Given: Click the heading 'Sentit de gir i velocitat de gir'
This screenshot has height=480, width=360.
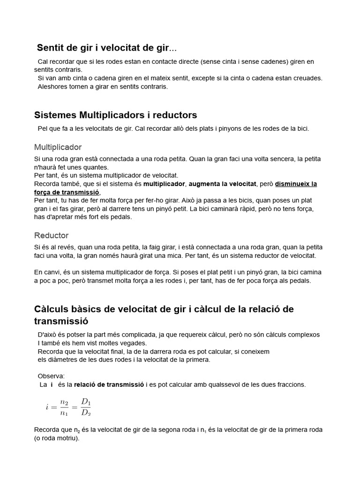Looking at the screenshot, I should pos(107,48).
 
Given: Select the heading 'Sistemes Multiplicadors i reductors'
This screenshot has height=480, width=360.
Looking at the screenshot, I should pos(116,115).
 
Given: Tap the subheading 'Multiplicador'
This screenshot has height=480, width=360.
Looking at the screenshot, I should pos(58,147).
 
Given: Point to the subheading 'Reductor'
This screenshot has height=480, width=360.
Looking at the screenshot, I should pos(52,235).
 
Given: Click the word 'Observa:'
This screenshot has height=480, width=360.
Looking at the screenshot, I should pos(51,376).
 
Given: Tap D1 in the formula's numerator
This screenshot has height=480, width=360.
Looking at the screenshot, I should pos(86,401).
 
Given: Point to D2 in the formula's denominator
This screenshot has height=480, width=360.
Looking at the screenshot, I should pos(86,412).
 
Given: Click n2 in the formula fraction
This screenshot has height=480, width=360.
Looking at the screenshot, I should pos(64,402).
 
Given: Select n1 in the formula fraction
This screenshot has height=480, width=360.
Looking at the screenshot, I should pos(64,413).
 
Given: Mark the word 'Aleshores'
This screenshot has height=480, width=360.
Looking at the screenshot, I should pos(52,87).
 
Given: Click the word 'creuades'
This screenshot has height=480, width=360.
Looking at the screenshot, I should pos(307,78).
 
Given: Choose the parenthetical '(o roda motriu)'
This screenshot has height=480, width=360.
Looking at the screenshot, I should pos(57,438).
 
